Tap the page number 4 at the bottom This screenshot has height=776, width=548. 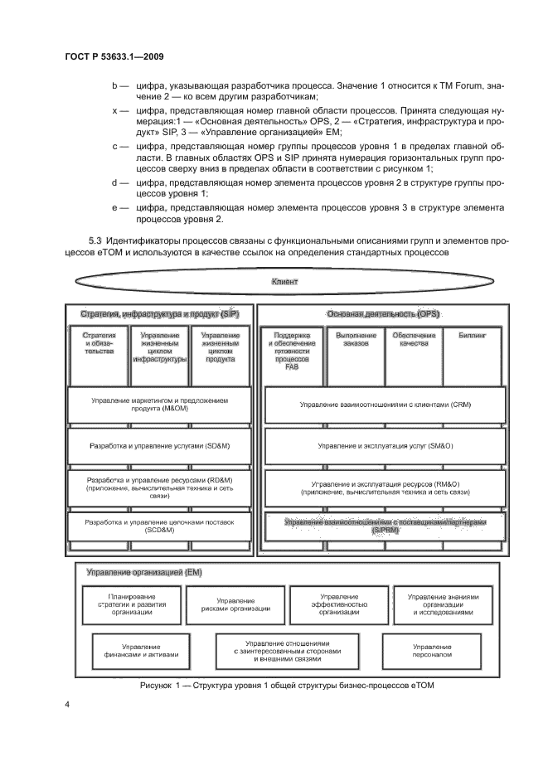pos(68,704)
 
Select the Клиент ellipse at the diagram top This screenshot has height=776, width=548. pos(284,283)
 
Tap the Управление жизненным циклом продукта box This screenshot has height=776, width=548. pos(221,349)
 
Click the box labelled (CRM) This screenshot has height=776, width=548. pos(385,404)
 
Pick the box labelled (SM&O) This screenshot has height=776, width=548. pos(385,445)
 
